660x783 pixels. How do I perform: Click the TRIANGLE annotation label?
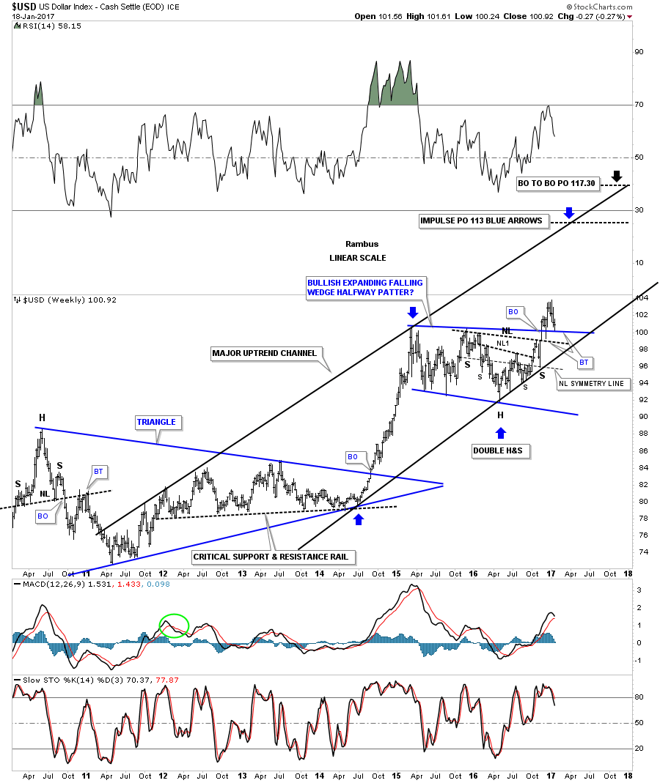click(x=155, y=422)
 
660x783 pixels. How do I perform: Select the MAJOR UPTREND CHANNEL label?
click(x=264, y=353)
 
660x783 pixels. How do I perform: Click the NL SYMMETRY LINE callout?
click(x=593, y=383)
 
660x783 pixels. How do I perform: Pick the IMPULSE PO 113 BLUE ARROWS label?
click(x=483, y=220)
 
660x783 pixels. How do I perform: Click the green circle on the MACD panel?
click(x=175, y=626)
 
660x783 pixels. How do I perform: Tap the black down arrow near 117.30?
click(x=617, y=176)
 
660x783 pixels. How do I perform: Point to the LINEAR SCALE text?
click(x=358, y=258)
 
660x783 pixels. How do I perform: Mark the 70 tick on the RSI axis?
click(x=639, y=105)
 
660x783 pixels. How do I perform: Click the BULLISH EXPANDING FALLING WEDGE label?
click(x=365, y=287)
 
